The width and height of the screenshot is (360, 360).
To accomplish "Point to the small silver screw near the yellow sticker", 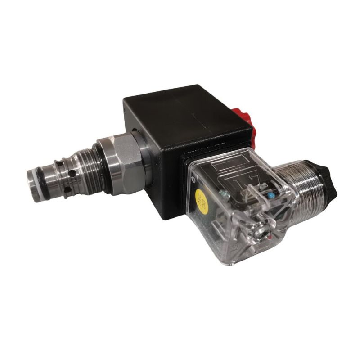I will (222, 194).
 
